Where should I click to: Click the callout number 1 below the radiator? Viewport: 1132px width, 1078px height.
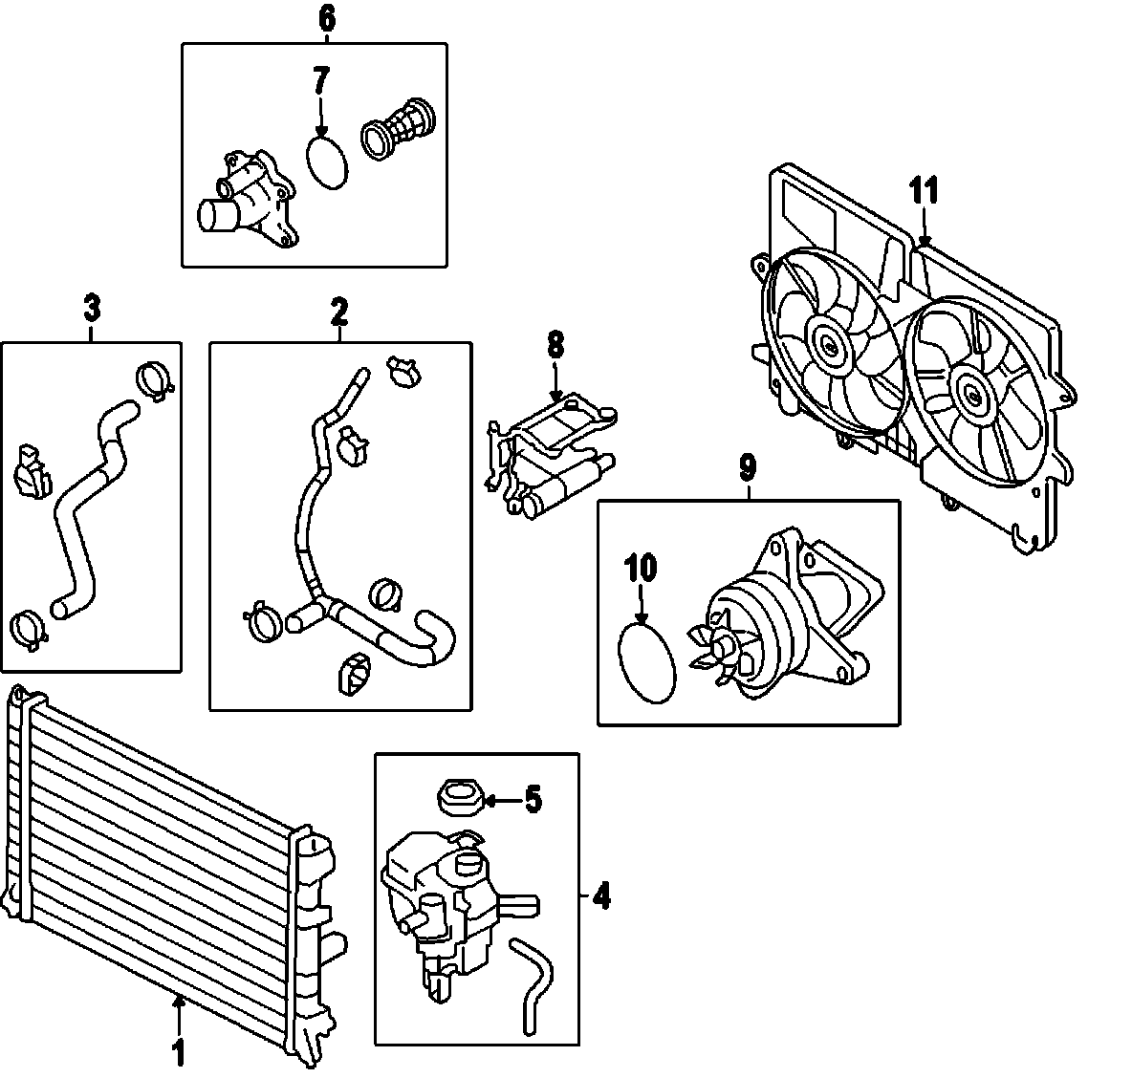[x=178, y=1053]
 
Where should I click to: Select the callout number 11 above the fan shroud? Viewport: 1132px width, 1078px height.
[x=924, y=190]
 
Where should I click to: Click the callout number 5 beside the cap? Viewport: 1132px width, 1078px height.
[x=533, y=798]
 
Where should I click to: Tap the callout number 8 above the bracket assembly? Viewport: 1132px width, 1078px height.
[x=556, y=346]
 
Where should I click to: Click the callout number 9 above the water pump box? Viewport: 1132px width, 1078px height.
[x=748, y=467]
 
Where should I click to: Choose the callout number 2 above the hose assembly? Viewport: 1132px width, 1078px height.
[x=339, y=310]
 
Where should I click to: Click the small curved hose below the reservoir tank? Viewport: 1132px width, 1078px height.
[x=529, y=984]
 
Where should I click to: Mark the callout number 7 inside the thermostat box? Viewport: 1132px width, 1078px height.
[x=320, y=83]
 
